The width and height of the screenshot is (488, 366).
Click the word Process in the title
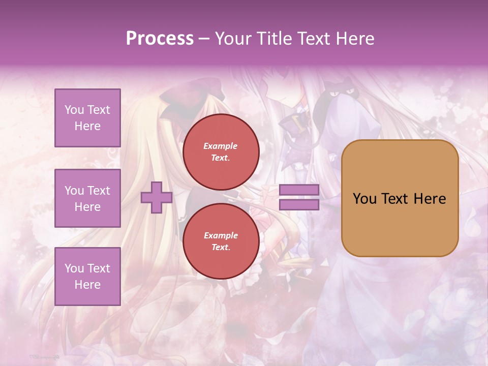(160, 39)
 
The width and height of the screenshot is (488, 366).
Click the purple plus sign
(156, 197)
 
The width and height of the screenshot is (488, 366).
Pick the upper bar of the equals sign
(299, 190)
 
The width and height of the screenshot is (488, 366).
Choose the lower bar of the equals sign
(299, 205)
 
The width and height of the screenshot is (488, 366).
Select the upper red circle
(221, 152)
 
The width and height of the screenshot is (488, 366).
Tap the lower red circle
(221, 241)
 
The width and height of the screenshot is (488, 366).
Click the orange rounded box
(400, 198)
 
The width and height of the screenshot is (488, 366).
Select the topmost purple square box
(87, 118)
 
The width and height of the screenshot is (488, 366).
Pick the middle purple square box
(87, 198)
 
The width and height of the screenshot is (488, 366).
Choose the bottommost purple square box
(87, 277)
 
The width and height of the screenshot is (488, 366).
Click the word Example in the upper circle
(221, 146)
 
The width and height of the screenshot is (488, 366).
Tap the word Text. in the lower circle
(221, 248)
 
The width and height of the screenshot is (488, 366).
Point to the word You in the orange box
(364, 199)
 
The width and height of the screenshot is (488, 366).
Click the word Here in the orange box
(430, 199)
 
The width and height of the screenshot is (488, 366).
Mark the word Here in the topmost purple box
(87, 126)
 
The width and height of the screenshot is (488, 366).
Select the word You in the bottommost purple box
(74, 268)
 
